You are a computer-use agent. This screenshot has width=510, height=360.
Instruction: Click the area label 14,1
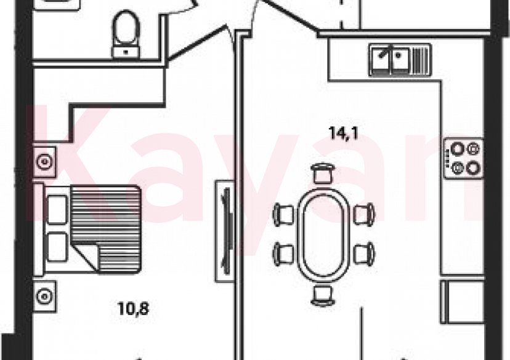(x=344, y=133)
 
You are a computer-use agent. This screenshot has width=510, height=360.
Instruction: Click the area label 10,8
(x=134, y=308)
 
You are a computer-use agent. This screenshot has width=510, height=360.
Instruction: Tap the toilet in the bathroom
(x=126, y=34)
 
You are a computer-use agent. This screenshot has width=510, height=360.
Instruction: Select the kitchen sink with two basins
(x=400, y=60)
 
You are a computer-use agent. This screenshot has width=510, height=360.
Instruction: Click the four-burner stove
(x=463, y=158)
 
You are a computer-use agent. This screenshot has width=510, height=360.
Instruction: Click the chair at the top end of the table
(x=322, y=174)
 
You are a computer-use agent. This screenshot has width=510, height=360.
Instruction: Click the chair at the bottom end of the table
(x=322, y=295)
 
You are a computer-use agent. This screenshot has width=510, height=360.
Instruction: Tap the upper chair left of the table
(x=283, y=214)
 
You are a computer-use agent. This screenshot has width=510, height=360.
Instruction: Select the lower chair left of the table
(x=283, y=254)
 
